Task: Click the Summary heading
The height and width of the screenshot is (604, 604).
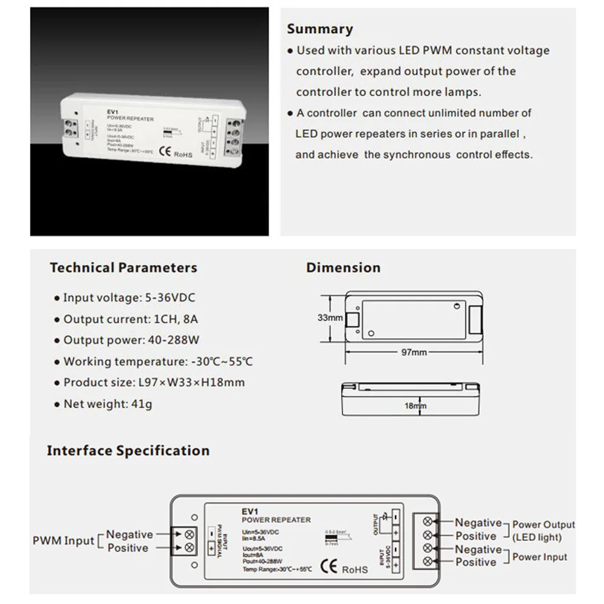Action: coord(320,28)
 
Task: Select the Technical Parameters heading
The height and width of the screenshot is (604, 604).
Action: coord(123,268)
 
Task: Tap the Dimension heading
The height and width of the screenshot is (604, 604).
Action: coord(343,268)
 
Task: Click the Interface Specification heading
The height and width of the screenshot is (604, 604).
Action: coord(128,451)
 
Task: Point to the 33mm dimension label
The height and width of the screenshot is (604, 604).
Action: coord(330,318)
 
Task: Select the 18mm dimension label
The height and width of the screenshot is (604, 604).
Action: coord(415,406)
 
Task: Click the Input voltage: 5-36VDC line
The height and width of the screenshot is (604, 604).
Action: coord(129,298)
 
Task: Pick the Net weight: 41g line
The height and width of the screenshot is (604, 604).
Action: coord(108,404)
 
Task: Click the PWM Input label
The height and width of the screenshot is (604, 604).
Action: coord(63,541)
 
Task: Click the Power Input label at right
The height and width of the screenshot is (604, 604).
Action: coord(539,557)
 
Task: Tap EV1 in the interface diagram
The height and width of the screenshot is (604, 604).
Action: coord(249,511)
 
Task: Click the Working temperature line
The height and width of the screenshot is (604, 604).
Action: coord(158,362)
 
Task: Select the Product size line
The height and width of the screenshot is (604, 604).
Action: coord(153,383)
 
